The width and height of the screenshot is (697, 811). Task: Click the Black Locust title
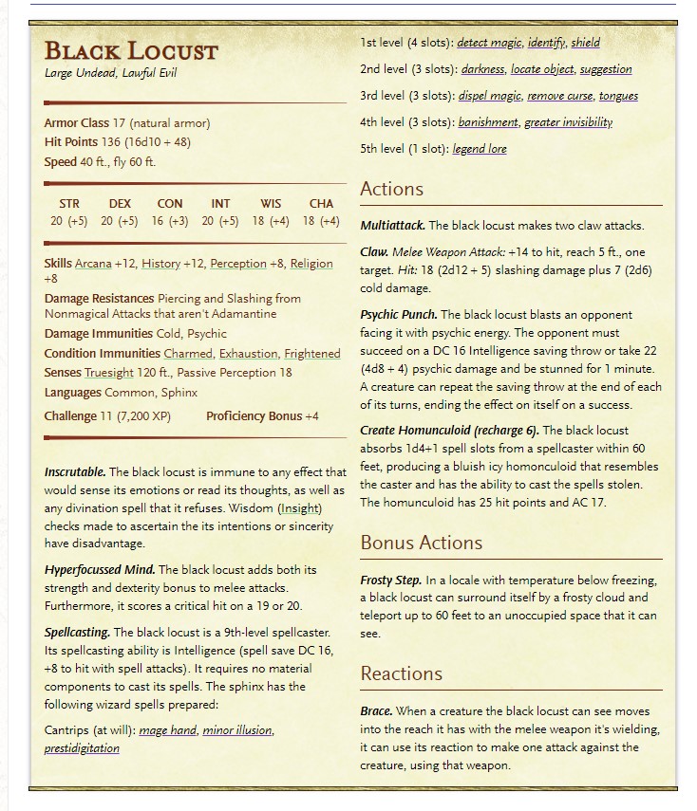[x=131, y=50]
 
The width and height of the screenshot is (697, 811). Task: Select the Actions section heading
[x=391, y=189]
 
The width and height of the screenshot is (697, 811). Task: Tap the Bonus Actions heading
[x=421, y=543]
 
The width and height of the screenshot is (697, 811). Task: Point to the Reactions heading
[x=401, y=673]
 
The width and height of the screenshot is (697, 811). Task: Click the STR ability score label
[x=69, y=203]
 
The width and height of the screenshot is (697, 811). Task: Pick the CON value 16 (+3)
[x=170, y=221]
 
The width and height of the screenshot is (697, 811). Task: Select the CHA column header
[x=321, y=203]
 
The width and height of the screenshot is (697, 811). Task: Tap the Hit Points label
[x=70, y=142]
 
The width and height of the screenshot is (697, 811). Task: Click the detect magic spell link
[x=489, y=43]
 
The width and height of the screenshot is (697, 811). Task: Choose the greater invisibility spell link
[x=568, y=122]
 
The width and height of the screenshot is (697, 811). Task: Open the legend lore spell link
[x=480, y=149]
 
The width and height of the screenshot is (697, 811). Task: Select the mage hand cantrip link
[x=166, y=730]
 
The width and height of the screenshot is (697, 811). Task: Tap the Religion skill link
[x=311, y=264]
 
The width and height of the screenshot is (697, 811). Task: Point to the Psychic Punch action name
[x=398, y=314]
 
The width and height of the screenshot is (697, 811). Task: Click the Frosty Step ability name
[x=390, y=580]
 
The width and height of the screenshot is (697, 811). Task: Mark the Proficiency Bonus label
[x=254, y=416]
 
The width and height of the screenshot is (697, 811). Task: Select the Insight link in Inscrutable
[x=299, y=508]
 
